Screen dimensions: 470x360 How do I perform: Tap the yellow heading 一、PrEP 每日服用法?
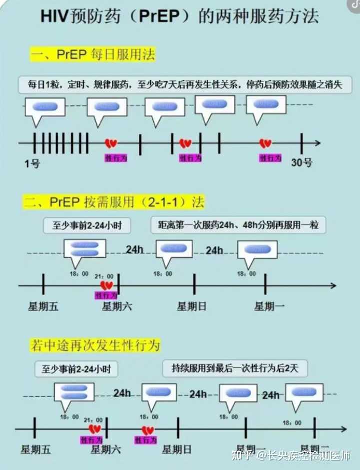92,54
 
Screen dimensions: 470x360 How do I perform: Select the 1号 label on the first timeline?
32,163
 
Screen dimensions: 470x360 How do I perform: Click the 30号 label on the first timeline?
302,163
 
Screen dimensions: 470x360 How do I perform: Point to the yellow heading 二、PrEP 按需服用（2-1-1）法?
114,202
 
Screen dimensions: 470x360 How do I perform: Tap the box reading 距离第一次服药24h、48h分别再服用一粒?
238,225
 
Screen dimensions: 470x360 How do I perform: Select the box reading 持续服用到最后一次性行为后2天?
235,369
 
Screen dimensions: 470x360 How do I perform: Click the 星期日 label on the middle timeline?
192,306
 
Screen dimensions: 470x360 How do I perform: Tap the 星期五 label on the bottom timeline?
36,450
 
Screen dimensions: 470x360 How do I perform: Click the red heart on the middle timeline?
106,286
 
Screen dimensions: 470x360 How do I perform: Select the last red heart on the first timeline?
265,144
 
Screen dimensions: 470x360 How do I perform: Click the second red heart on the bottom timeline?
147,430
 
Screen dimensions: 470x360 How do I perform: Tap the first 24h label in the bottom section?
122,393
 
